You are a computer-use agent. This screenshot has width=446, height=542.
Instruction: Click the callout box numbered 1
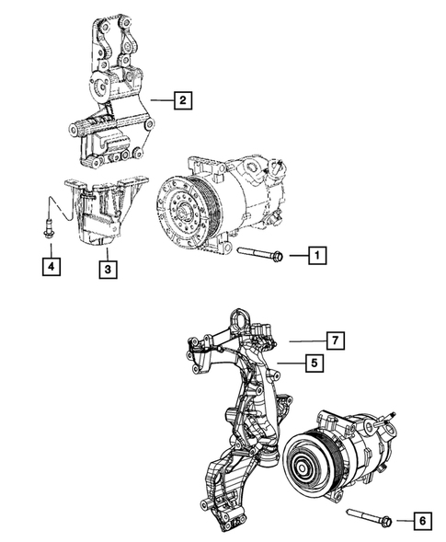(315, 254)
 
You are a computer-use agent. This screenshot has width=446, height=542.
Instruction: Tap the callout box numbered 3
(108, 269)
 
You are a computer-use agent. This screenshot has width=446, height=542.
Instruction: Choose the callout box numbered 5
(314, 363)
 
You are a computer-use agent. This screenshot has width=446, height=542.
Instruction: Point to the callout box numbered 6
(422, 522)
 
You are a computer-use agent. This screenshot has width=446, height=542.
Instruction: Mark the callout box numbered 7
(337, 341)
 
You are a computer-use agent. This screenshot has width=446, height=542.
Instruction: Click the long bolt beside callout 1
(259, 253)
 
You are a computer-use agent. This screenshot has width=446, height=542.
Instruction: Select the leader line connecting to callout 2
(162, 101)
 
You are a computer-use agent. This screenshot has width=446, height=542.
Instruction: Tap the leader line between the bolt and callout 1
(294, 254)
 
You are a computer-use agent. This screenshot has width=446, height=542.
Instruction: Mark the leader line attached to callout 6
(403, 522)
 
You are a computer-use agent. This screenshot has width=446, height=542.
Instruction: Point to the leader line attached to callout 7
(308, 341)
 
